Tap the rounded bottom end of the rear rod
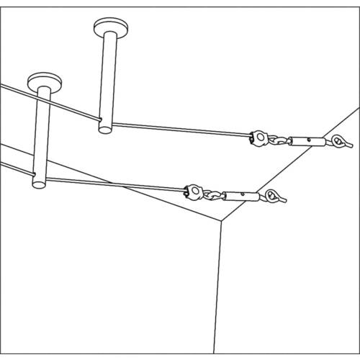[x=105, y=129]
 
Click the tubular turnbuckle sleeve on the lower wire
[x=240, y=195]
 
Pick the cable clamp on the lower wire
[x=193, y=192]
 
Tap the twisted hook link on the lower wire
[x=214, y=194]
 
